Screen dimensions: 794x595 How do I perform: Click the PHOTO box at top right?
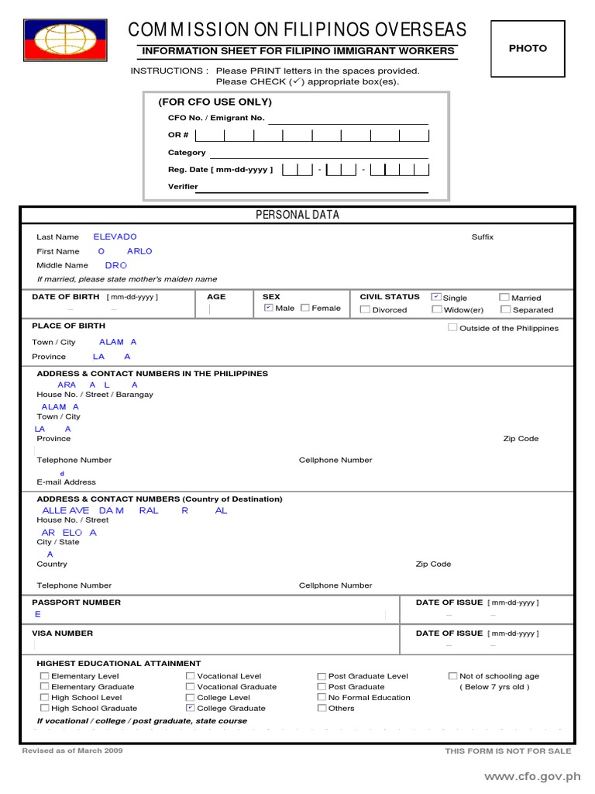click(x=527, y=49)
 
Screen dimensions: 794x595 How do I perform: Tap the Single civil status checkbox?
click(x=437, y=297)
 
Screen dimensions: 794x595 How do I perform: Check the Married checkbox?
click(x=504, y=297)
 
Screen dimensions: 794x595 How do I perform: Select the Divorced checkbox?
click(x=365, y=309)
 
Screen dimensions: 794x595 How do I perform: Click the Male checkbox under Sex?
click(x=268, y=308)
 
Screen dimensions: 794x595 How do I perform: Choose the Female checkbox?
click(x=305, y=308)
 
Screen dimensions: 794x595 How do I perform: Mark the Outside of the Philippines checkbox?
click(x=452, y=327)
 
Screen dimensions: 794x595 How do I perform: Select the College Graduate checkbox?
click(x=191, y=708)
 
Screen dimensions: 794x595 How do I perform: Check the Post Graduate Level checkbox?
click(x=322, y=676)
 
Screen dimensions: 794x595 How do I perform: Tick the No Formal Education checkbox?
click(x=322, y=697)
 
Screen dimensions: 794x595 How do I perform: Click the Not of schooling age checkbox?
click(x=452, y=676)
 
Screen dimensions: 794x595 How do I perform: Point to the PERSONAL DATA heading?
click(x=297, y=215)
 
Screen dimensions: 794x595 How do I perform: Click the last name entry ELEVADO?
click(x=115, y=236)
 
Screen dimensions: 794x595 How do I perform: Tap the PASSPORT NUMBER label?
click(x=76, y=602)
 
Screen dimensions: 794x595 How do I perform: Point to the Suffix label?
click(x=482, y=237)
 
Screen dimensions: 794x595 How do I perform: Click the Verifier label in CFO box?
click(x=183, y=187)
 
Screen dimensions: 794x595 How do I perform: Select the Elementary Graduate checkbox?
click(x=44, y=686)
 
